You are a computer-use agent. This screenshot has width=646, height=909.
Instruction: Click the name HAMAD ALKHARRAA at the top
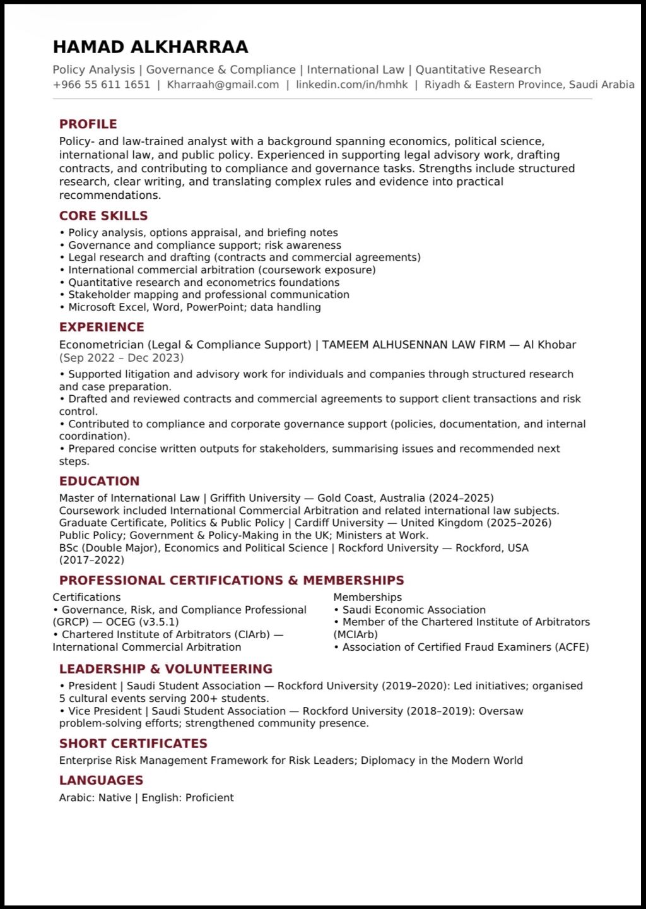click(150, 47)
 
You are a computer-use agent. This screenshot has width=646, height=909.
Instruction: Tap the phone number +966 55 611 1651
click(102, 85)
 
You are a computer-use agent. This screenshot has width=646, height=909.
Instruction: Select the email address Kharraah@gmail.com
click(223, 85)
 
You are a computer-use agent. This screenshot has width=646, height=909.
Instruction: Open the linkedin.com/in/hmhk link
click(352, 85)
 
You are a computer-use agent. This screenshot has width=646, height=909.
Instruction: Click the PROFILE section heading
click(88, 124)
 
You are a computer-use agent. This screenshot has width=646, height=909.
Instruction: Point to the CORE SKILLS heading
click(103, 215)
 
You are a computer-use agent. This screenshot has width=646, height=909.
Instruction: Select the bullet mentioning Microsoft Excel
click(194, 307)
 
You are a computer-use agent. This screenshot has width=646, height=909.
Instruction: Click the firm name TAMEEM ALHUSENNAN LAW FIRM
click(414, 345)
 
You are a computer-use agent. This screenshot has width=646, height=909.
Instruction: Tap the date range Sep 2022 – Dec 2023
click(121, 358)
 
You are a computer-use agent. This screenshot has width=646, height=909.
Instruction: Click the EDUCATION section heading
click(99, 481)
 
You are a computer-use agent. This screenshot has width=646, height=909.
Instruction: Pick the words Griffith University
click(255, 498)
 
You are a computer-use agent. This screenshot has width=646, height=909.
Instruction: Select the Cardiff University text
click(339, 523)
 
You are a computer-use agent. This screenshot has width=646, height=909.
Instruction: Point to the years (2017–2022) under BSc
click(91, 560)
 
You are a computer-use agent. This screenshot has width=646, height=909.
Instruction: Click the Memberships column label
click(367, 597)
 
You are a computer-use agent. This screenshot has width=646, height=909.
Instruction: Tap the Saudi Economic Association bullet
click(414, 610)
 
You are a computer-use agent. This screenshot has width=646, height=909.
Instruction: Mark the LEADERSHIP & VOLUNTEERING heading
click(166, 668)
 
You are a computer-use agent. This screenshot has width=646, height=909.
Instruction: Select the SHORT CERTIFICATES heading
click(133, 743)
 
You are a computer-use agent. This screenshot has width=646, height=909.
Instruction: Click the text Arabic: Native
click(95, 798)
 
